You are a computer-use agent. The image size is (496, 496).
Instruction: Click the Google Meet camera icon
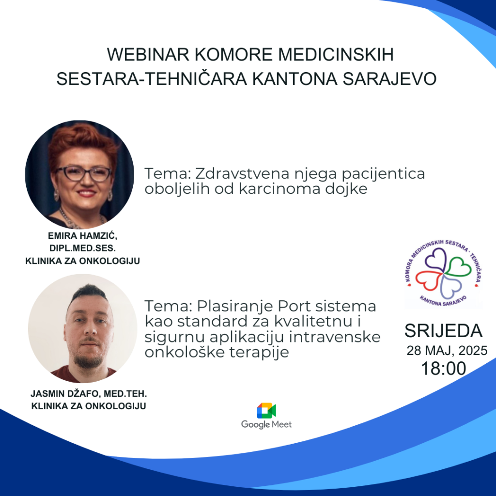pyautogui.click(x=266, y=411)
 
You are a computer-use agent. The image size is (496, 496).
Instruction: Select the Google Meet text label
pyautogui.click(x=266, y=424)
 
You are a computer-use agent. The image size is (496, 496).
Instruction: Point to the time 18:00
pyautogui.click(x=444, y=369)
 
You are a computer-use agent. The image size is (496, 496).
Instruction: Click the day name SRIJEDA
pyautogui.click(x=444, y=331)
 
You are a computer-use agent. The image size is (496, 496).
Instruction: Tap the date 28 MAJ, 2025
pyautogui.click(x=447, y=351)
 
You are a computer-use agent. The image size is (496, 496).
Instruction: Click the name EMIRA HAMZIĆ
pyautogui.click(x=82, y=236)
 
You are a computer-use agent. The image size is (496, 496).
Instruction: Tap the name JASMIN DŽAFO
pyautogui.click(x=65, y=394)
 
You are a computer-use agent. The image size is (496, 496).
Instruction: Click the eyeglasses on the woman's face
pyautogui.click(x=84, y=174)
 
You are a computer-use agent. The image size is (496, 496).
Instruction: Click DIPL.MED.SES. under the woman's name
pyautogui.click(x=82, y=248)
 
